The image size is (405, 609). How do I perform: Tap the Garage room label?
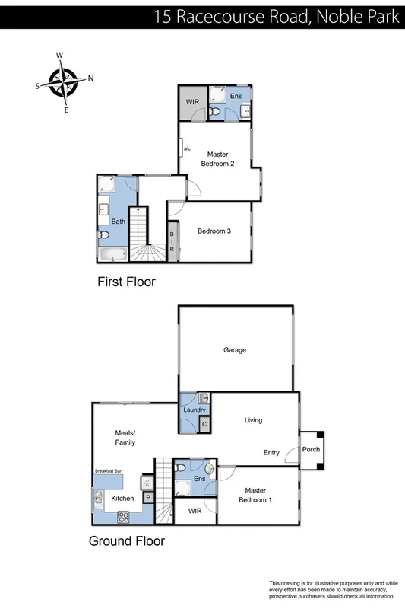pos(235,350)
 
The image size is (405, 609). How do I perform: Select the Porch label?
pos(312,449)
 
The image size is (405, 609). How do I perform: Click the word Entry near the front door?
pos(271,453)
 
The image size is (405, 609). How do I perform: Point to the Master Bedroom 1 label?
pos(256,496)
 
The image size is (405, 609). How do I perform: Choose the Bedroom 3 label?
pos(214,231)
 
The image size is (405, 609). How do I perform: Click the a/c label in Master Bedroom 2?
pos(186,148)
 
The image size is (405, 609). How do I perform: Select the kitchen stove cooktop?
pos(125,516)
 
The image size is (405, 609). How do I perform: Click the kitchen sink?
pos(99,499)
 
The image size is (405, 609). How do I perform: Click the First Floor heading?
pos(126,282)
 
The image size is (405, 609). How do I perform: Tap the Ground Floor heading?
pos(126,542)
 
